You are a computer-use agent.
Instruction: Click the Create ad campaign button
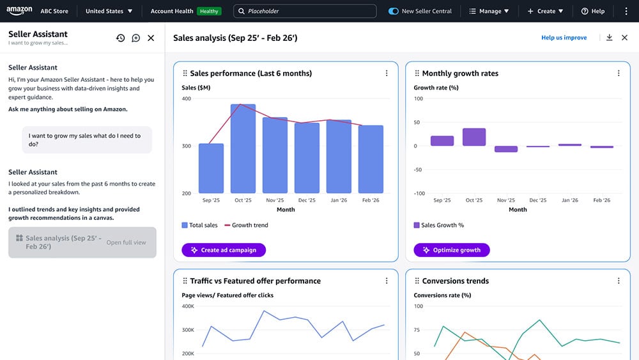click(224, 250)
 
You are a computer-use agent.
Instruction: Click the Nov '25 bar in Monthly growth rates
click(506, 149)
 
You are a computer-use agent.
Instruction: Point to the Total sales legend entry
click(199, 225)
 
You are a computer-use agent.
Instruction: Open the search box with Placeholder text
click(305, 11)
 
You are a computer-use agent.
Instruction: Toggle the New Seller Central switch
click(394, 11)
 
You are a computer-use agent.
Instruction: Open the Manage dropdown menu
click(489, 11)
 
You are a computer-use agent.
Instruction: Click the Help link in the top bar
click(593, 11)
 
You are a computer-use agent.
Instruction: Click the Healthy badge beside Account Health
click(208, 11)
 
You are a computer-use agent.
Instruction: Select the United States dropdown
click(109, 11)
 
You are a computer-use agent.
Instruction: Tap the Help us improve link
click(564, 38)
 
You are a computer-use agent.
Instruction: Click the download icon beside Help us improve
click(609, 38)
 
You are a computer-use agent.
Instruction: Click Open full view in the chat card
click(126, 242)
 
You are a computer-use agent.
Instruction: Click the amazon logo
click(19, 11)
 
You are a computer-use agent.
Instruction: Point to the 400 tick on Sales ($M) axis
click(186, 98)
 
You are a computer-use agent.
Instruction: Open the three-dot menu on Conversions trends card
click(619, 281)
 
